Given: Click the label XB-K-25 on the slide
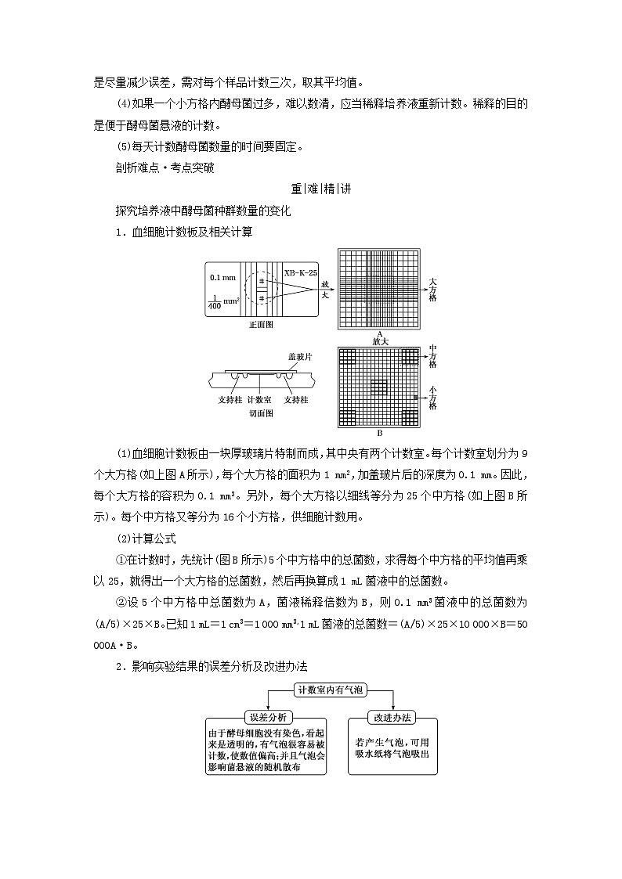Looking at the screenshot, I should coord(300,272).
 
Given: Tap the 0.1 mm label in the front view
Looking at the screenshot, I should coord(222,278).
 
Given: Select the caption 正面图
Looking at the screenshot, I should coord(260,323).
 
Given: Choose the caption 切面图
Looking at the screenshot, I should coord(260,412).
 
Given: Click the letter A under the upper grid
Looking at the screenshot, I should coord(379,333).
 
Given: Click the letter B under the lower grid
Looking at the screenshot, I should coord(379,433).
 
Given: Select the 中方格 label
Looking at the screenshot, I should coord(433,356).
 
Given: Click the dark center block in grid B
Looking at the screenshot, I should coord(379,387).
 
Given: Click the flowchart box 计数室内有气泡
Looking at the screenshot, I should coord(331,690).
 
